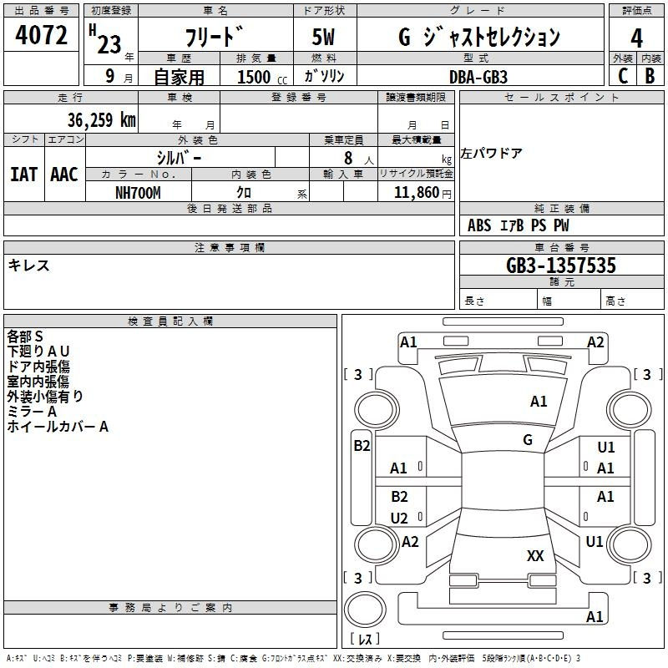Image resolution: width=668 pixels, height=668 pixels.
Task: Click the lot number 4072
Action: pyautogui.click(x=41, y=35)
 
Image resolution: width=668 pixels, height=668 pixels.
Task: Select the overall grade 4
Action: pyautogui.click(x=636, y=38)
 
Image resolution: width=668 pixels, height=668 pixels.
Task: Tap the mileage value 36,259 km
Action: pyautogui.click(x=101, y=120)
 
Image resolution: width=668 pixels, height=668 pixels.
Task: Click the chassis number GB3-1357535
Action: pyautogui.click(x=560, y=266)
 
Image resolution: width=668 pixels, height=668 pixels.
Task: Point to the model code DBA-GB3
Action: pyautogui.click(x=478, y=77)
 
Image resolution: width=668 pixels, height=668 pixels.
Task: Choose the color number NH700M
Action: pyautogui.click(x=138, y=193)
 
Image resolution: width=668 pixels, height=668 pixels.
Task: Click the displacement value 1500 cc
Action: pyautogui.click(x=262, y=77)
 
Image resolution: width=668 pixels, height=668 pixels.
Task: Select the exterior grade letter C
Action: pyautogui.click(x=623, y=76)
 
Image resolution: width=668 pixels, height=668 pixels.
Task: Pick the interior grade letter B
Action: pyautogui.click(x=650, y=76)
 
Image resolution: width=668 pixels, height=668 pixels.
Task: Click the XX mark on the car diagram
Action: pyautogui.click(x=535, y=556)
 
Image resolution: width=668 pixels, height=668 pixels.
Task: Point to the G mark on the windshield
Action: pyautogui.click(x=528, y=440)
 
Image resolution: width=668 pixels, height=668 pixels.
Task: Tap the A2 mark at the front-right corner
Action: pyautogui.click(x=595, y=342)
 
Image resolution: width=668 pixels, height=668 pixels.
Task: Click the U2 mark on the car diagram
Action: pyautogui.click(x=399, y=519)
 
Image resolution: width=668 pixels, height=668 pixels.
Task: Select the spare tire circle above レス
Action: pyautogui.click(x=365, y=609)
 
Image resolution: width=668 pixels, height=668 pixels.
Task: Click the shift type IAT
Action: pyautogui.click(x=24, y=175)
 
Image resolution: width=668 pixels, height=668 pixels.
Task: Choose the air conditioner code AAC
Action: pyautogui.click(x=64, y=175)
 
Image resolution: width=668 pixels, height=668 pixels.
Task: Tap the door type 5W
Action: pyautogui.click(x=323, y=37)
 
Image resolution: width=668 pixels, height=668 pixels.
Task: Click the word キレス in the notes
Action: pyautogui.click(x=28, y=266)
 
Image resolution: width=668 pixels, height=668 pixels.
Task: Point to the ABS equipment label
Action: pyautogui.click(x=479, y=225)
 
